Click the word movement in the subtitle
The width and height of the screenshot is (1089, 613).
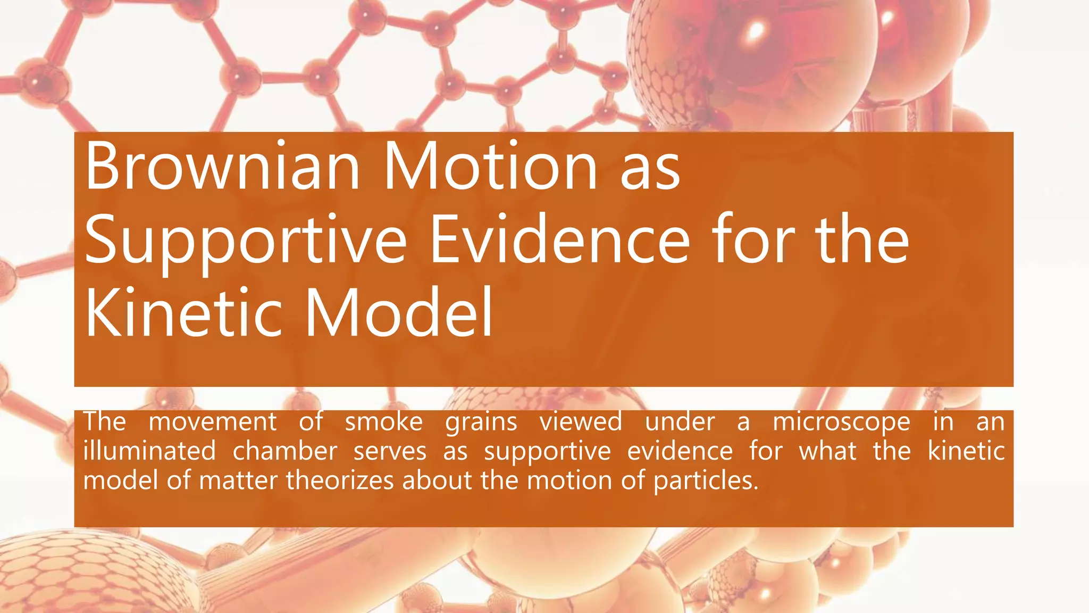tap(212, 422)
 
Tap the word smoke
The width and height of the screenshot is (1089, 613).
tap(383, 422)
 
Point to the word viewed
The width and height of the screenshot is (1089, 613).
tap(581, 422)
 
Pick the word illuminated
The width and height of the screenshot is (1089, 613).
tap(149, 451)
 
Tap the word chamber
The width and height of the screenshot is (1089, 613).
tap(284, 451)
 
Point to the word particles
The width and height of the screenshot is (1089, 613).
tap(705, 481)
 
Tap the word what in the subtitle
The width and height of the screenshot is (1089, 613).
tap(828, 451)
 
